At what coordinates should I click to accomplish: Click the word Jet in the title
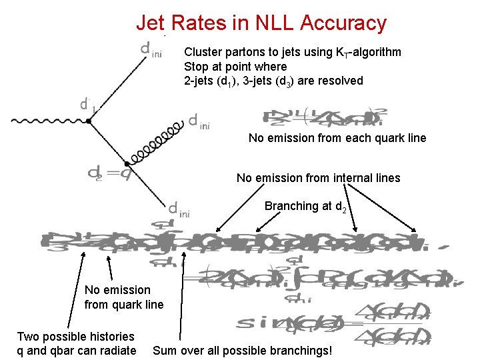tap(151, 23)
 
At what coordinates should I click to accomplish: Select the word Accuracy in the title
tap(343, 23)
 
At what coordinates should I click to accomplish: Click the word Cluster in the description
tap(202, 52)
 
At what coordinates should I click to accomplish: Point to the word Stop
tap(196, 67)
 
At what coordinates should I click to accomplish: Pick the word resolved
tap(340, 81)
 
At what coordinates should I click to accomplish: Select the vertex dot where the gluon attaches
tap(126, 162)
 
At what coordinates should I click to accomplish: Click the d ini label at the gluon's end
tap(199, 121)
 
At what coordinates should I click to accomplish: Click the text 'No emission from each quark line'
tap(337, 138)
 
